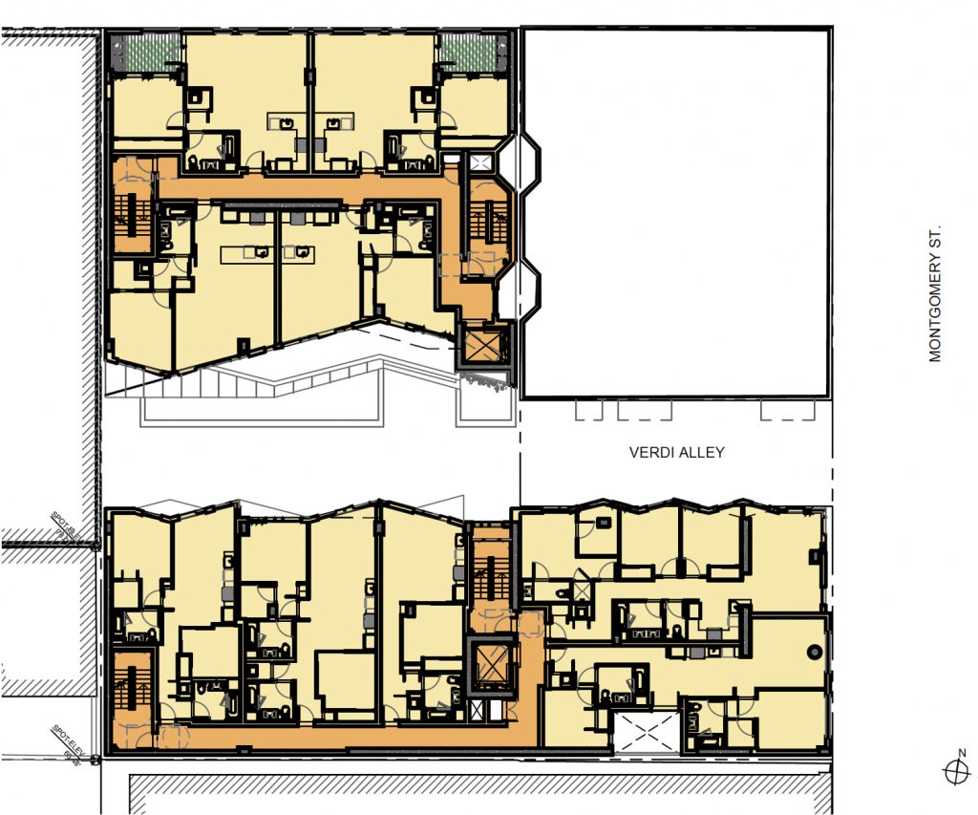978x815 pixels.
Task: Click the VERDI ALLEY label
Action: click(x=675, y=452)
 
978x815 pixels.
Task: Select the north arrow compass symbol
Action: click(x=953, y=770)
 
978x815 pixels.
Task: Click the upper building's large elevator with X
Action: click(x=485, y=346)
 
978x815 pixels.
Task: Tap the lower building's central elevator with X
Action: click(x=492, y=666)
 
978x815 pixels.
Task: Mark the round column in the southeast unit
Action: click(x=813, y=651)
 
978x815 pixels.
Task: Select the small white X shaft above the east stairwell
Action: click(x=481, y=162)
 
